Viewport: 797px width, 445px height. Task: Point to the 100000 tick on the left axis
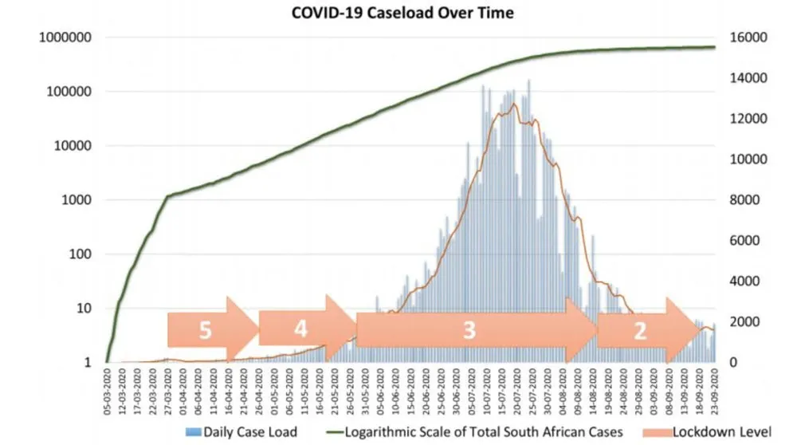[x=72, y=92]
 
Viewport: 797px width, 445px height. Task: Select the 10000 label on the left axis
[x=75, y=146]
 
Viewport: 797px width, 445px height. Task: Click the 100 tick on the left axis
[x=82, y=254]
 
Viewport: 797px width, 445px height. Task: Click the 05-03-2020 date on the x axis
[x=108, y=388]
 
